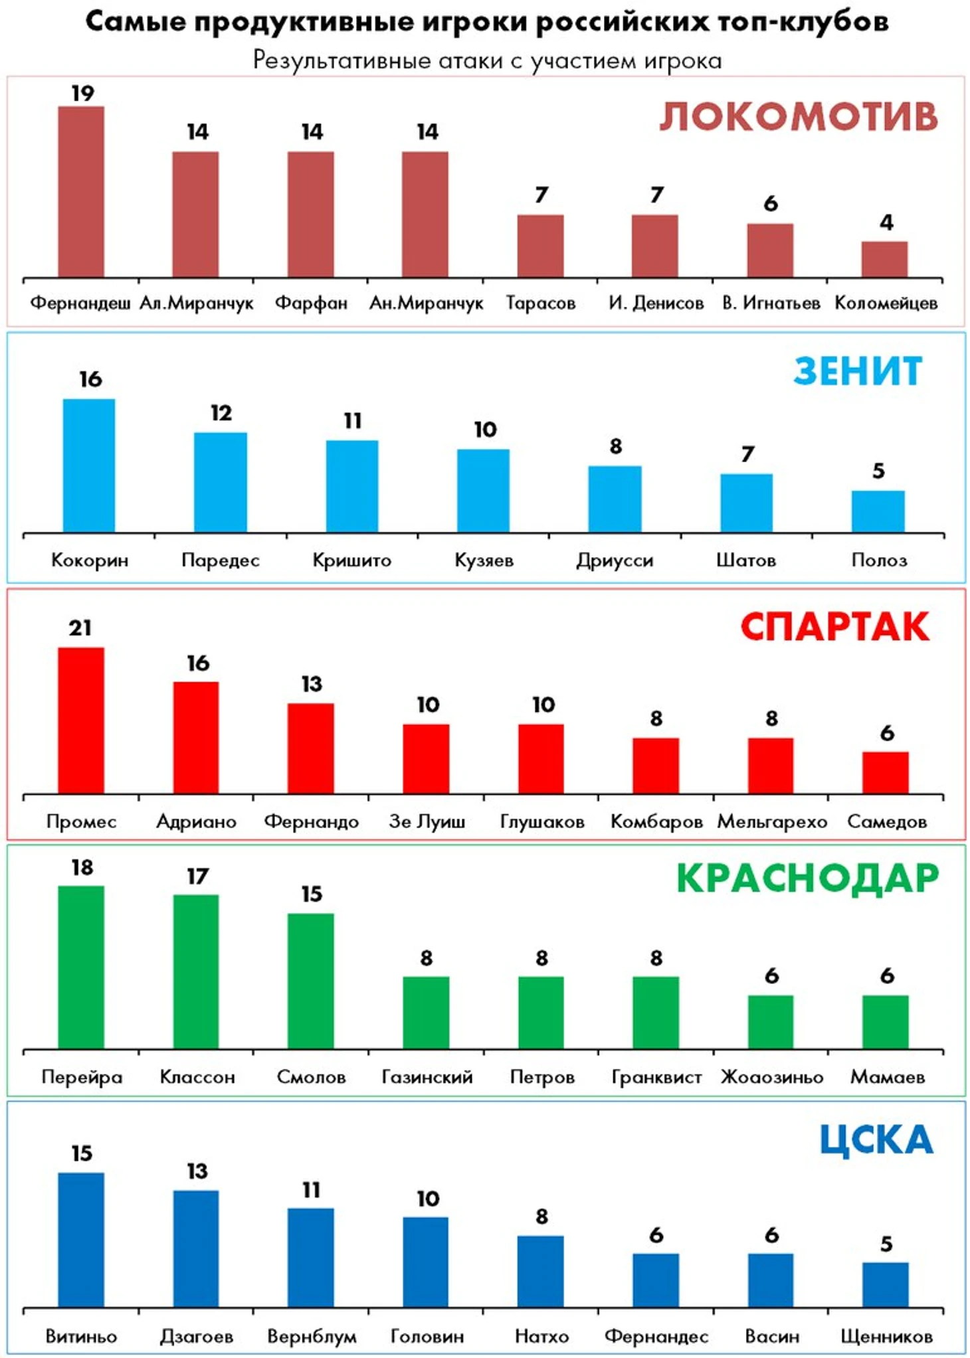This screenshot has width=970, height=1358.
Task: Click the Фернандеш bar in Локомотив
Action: (81, 192)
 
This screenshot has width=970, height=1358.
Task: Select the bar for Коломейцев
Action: (884, 260)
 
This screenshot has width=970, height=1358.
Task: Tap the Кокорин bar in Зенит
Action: (89, 466)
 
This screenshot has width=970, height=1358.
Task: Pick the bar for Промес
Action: (81, 721)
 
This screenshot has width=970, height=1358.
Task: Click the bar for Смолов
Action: (311, 981)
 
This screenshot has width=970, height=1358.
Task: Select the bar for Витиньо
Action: (81, 1240)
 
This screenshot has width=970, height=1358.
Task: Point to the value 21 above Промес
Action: (80, 628)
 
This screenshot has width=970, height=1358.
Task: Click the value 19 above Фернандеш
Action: (82, 94)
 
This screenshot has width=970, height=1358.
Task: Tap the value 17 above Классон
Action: (197, 877)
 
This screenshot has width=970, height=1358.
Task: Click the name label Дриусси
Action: (615, 560)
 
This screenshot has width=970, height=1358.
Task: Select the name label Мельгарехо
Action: (772, 822)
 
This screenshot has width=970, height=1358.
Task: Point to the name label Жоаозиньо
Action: (772, 1076)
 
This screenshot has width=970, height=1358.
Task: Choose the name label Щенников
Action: (886, 1336)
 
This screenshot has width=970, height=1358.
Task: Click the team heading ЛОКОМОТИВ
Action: (798, 117)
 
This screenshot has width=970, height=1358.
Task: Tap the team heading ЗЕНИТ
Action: (858, 371)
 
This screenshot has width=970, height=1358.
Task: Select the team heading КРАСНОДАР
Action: (807, 879)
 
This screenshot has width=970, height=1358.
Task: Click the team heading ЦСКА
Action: (876, 1140)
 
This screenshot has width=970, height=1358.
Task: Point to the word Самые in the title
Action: (135, 22)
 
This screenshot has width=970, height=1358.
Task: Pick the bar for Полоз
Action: (878, 511)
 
